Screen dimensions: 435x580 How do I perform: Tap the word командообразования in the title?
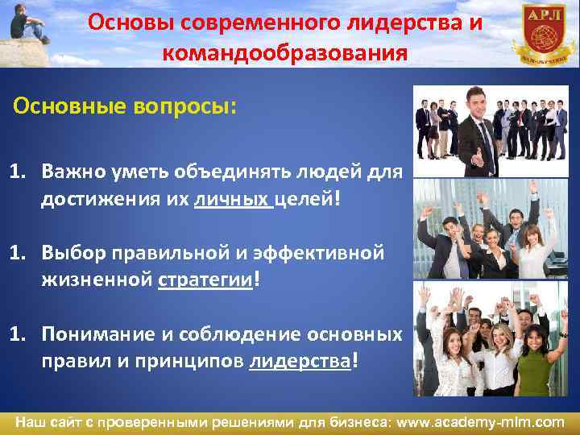284,53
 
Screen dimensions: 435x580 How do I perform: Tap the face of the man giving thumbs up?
481,102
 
